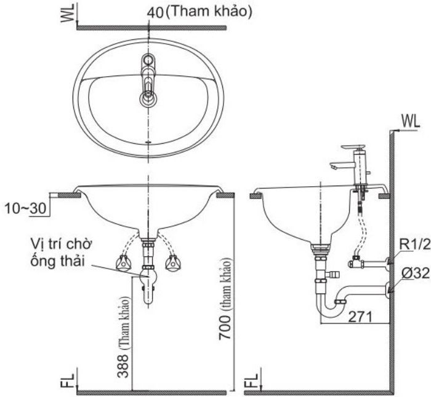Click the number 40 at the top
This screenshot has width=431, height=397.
pyautogui.click(x=156, y=12)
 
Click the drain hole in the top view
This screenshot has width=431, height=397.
pyautogui.click(x=148, y=98)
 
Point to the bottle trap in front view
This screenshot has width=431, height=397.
pyautogui.click(x=147, y=283)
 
